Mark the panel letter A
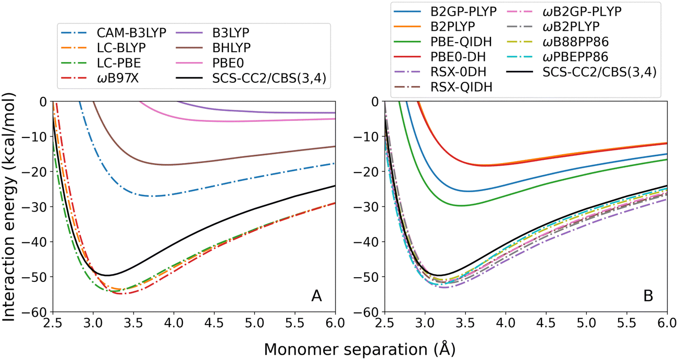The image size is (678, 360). pos(316,296)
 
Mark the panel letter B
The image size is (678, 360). pos(648,296)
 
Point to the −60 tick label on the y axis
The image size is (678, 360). pos(39,312)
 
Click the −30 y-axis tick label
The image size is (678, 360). pos(39,206)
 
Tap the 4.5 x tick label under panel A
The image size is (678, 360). pos(214,324)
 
